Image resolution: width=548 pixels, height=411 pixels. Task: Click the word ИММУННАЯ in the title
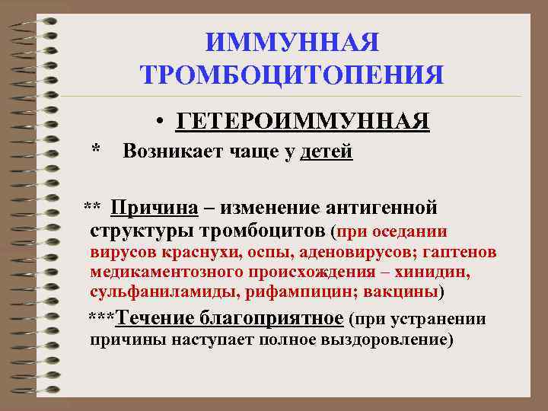(292, 43)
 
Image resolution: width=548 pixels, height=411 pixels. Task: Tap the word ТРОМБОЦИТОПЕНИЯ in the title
(292, 75)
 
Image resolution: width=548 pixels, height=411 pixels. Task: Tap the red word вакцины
(403, 292)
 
